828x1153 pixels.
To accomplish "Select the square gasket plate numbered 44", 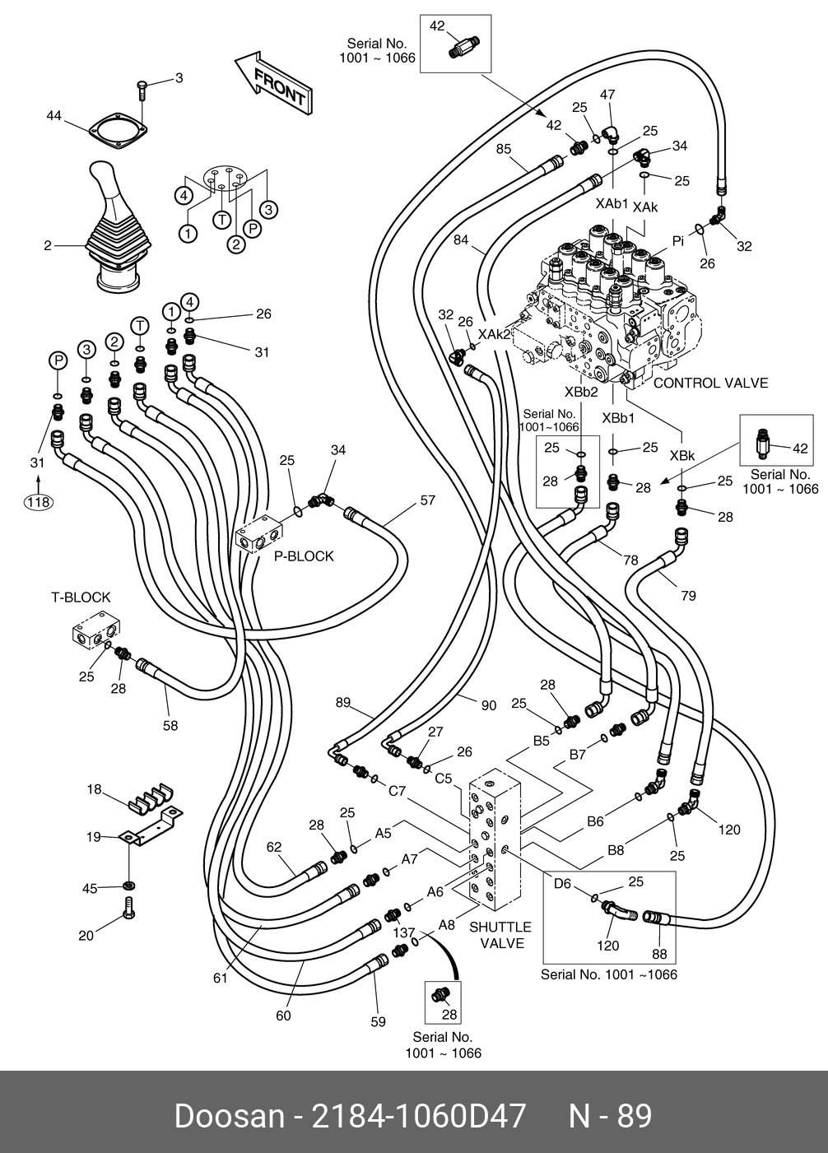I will click(x=116, y=133).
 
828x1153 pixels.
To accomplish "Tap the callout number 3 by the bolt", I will click(x=178, y=78).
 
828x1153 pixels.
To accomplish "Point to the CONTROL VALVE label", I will click(x=710, y=383).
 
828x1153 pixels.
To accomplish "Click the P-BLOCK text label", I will click(x=304, y=556).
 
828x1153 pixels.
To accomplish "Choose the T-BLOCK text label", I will click(x=81, y=597).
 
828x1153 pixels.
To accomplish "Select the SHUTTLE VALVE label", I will click(x=501, y=935).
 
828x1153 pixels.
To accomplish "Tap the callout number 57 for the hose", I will click(x=428, y=500).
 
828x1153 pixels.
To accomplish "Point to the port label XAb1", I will click(x=612, y=203).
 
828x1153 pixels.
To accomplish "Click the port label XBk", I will click(x=681, y=455).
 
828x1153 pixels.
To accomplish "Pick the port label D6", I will click(x=562, y=884).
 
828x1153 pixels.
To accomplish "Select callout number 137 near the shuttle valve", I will click(x=403, y=932).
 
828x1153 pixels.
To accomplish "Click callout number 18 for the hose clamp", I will click(x=95, y=789).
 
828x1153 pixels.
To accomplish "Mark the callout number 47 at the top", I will click(x=607, y=95).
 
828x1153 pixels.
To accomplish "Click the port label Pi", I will click(x=678, y=240).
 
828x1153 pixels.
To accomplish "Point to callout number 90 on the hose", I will click(x=488, y=705).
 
